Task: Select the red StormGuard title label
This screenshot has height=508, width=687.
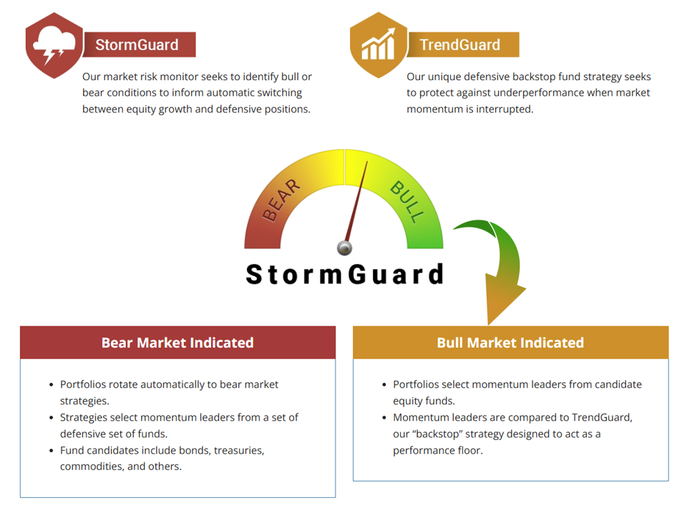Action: tap(137, 44)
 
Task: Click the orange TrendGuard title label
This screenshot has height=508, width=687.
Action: tap(460, 44)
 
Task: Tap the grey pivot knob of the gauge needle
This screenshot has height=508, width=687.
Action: tap(344, 248)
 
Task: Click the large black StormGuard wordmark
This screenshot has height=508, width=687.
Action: tap(344, 274)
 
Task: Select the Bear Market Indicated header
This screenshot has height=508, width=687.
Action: tap(177, 343)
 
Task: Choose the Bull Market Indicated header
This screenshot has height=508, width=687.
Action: tap(510, 343)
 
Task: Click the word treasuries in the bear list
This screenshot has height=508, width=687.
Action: tap(235, 451)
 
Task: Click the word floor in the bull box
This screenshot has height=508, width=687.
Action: tap(469, 451)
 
